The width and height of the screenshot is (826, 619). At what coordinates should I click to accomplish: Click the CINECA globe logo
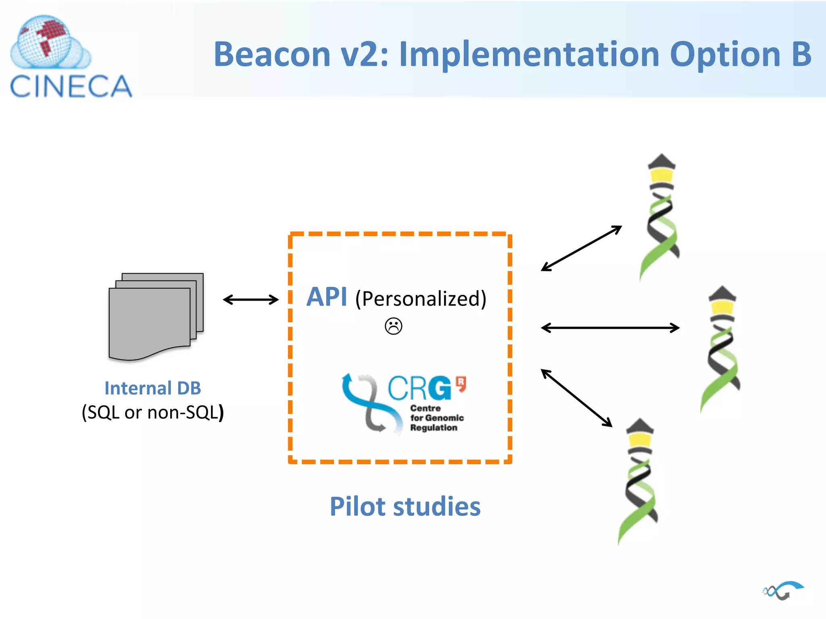(x=48, y=42)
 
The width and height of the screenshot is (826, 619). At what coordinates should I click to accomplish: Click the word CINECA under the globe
(x=71, y=87)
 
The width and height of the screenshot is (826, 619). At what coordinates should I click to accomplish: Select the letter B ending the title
(x=801, y=54)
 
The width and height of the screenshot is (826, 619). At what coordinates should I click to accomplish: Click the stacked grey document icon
(x=155, y=316)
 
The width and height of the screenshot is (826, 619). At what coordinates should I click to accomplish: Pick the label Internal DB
(x=152, y=388)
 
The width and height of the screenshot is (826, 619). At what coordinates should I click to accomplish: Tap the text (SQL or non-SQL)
(x=152, y=412)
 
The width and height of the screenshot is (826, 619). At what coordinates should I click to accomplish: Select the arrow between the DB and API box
(x=250, y=299)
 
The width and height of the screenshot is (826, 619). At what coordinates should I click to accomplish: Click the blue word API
(x=326, y=297)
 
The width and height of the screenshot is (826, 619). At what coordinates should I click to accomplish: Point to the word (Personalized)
(x=421, y=299)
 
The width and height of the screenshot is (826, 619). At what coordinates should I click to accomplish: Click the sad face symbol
(x=393, y=326)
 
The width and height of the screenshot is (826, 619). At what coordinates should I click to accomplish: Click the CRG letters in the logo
(x=419, y=388)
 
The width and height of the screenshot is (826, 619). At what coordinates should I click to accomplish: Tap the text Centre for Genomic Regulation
(x=436, y=418)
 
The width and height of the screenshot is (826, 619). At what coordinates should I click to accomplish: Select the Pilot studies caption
(x=405, y=507)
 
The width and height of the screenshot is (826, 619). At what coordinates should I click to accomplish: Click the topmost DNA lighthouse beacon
(x=661, y=218)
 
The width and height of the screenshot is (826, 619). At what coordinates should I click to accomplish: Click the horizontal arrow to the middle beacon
(x=610, y=328)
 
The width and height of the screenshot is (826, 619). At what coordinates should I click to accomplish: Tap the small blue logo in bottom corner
(x=783, y=591)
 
